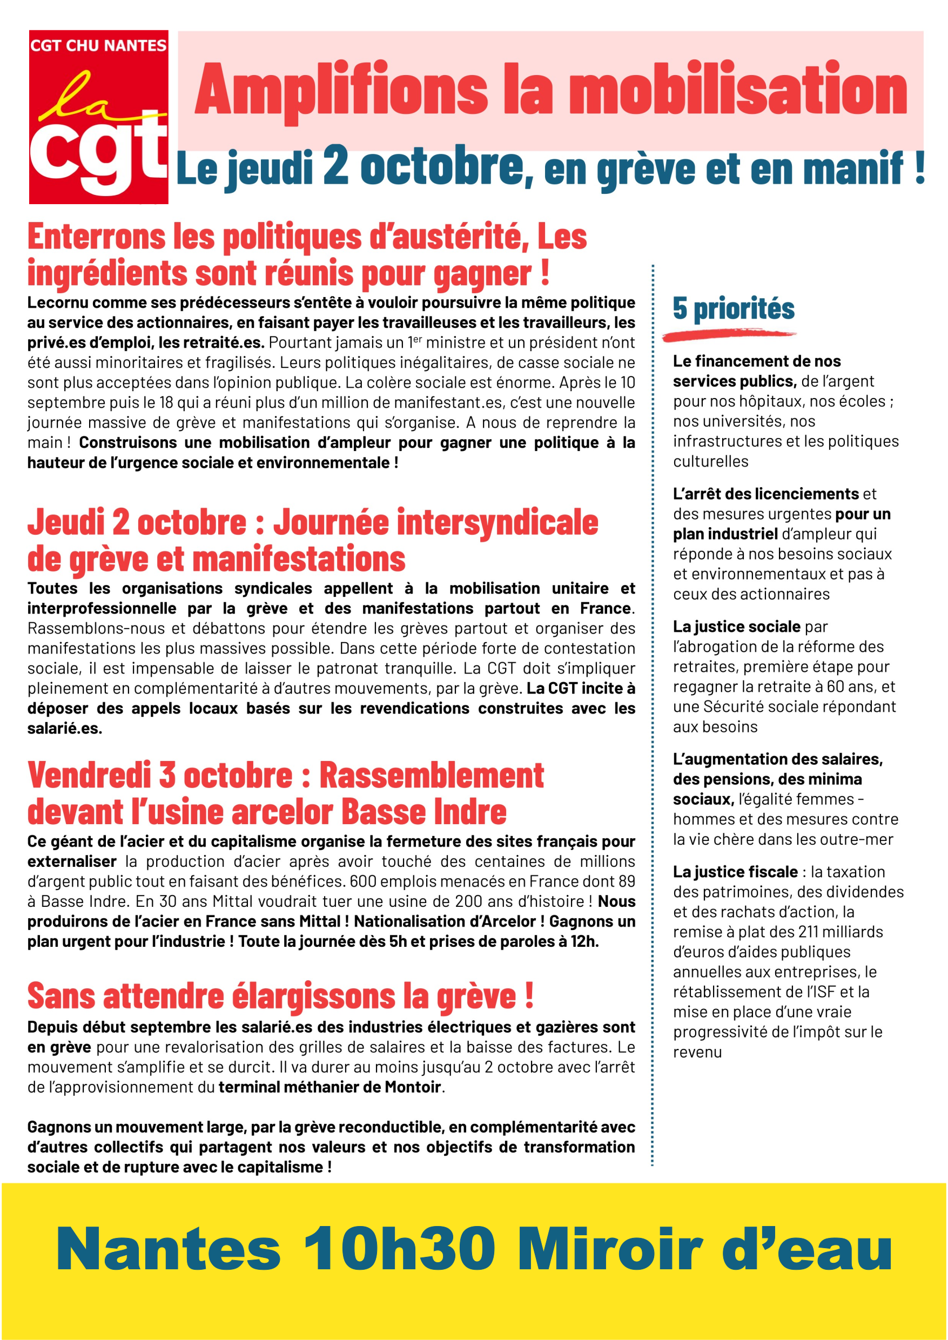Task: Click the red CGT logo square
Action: (99, 117)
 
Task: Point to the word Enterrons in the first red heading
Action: (96, 237)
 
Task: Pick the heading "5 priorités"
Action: (733, 308)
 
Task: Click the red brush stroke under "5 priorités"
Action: (729, 335)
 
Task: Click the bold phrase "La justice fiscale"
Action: (735, 872)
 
